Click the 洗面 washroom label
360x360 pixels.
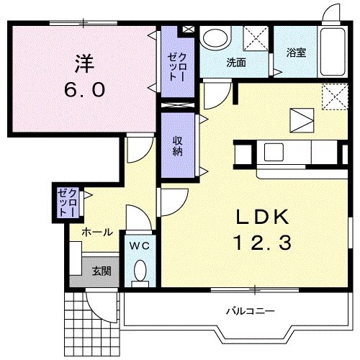pyautogui.click(x=235, y=62)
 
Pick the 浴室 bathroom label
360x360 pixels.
pyautogui.click(x=296, y=53)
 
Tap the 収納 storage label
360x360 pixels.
pyautogui.click(x=177, y=146)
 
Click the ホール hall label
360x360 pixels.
pyautogui.click(x=96, y=232)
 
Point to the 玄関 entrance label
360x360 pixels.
pyautogui.click(x=101, y=271)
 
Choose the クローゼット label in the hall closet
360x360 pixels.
pyautogui.click(x=67, y=202)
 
